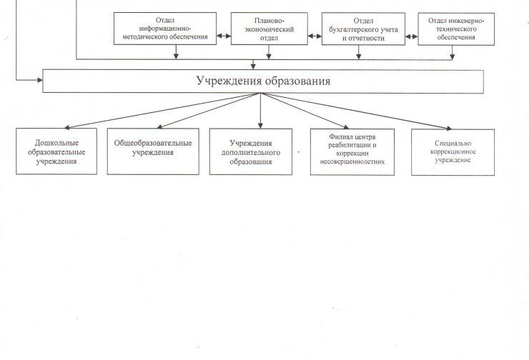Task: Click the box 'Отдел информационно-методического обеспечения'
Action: (165, 29)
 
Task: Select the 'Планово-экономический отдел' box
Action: (270, 29)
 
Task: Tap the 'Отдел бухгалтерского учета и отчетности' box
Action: (363, 29)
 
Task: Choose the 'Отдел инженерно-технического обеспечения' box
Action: (456, 29)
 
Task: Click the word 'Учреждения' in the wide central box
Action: (229, 81)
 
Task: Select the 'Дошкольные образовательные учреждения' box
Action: (56, 151)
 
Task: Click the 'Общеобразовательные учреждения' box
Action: (153, 151)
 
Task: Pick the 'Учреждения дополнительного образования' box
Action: (251, 151)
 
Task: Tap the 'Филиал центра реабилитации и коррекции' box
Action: (352, 152)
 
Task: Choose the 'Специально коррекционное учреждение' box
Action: (453, 152)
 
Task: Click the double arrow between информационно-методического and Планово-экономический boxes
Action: (224, 36)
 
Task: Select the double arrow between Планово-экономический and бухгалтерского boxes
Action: (315, 36)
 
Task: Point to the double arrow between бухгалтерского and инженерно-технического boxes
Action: (411, 36)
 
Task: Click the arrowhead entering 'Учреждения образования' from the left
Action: (40, 80)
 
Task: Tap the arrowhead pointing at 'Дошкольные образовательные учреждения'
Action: (66, 127)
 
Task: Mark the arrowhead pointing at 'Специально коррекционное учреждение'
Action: (449, 128)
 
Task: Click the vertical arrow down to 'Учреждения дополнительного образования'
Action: (260, 111)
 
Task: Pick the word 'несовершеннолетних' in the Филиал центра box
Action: (352, 162)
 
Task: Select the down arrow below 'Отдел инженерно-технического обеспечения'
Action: (452, 53)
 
